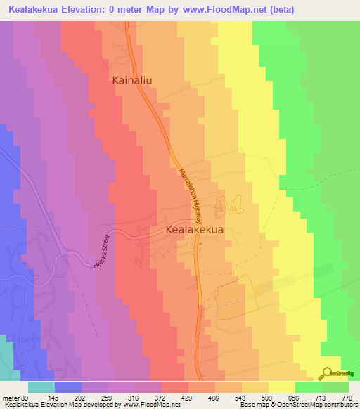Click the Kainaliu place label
pos(132,81)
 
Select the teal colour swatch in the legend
pos(41,387)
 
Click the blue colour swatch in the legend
pos(68,387)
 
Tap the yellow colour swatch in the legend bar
pos(282,387)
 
